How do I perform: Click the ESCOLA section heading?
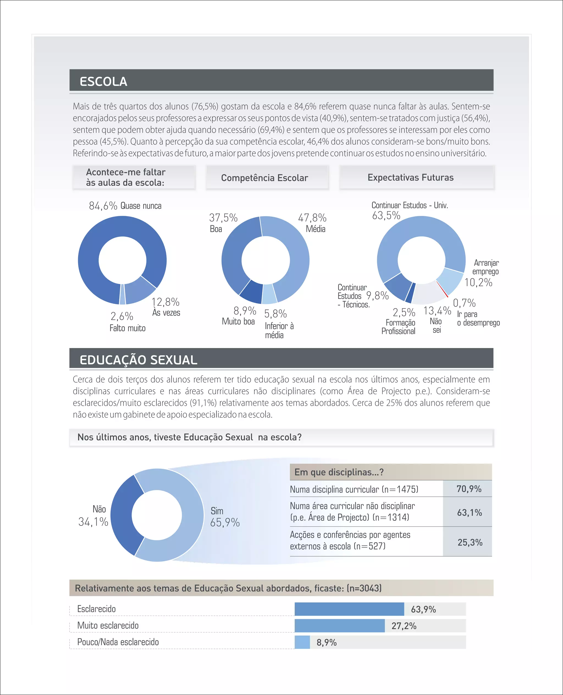coord(103,81)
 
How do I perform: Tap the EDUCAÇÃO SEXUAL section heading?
coord(138,360)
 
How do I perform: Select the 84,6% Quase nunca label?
coord(125,206)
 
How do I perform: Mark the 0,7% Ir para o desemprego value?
coord(464,303)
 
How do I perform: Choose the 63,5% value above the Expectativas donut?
coord(386,215)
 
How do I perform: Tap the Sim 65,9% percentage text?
coord(225,522)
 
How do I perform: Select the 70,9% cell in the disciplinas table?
coord(469,489)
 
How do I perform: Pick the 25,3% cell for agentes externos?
coord(470,542)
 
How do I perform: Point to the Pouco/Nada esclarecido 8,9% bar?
coord(302,642)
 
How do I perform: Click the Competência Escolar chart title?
coord(264,177)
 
